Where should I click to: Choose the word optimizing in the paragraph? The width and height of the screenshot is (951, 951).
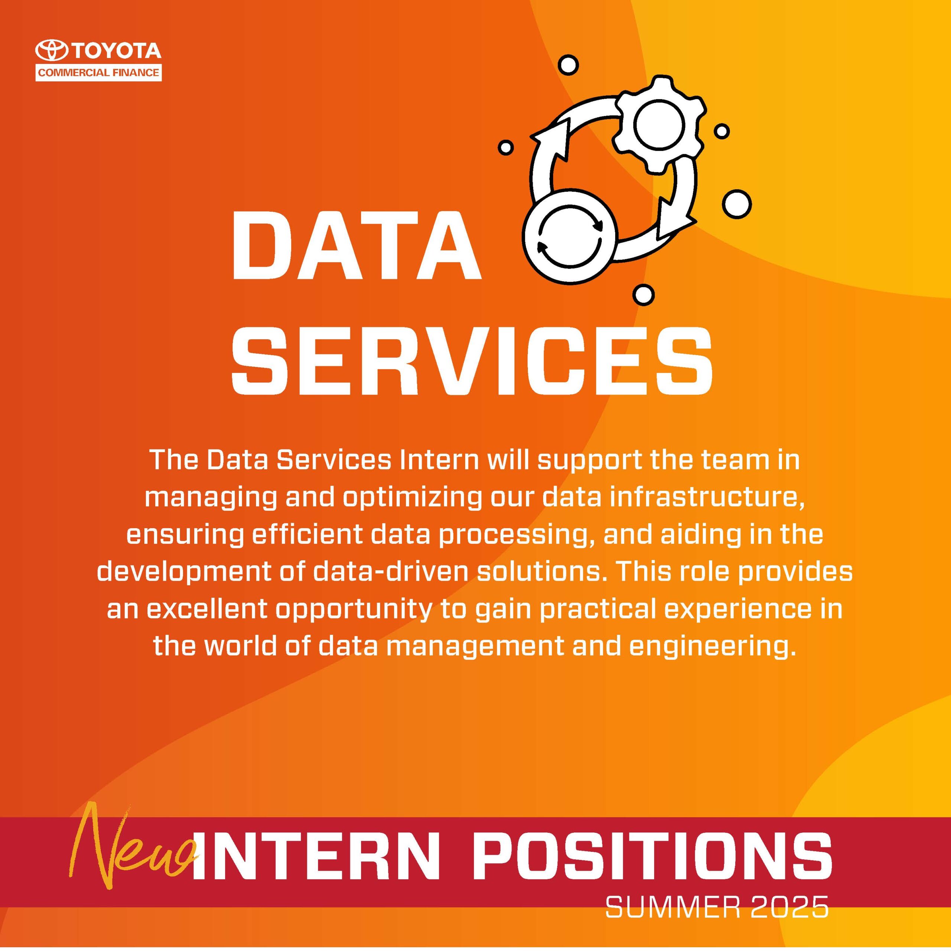(x=412, y=500)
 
